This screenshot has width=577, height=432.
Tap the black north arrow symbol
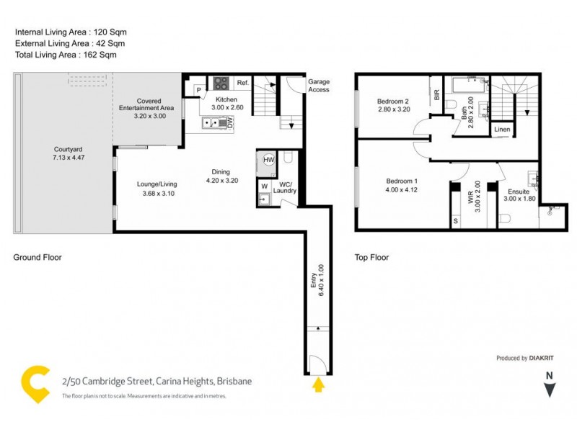(550, 390)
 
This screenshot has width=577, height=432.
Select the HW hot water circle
(268, 160)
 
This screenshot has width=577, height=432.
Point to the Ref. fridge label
(242, 84)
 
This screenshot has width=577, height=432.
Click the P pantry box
(198, 90)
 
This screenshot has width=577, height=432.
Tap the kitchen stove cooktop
(221, 83)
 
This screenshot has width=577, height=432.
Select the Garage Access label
(319, 86)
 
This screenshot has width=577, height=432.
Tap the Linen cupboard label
(503, 130)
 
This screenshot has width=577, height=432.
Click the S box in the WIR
(455, 221)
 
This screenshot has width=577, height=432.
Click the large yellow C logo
(34, 384)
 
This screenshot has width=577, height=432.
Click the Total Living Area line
(66, 55)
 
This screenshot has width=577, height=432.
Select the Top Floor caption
(371, 257)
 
